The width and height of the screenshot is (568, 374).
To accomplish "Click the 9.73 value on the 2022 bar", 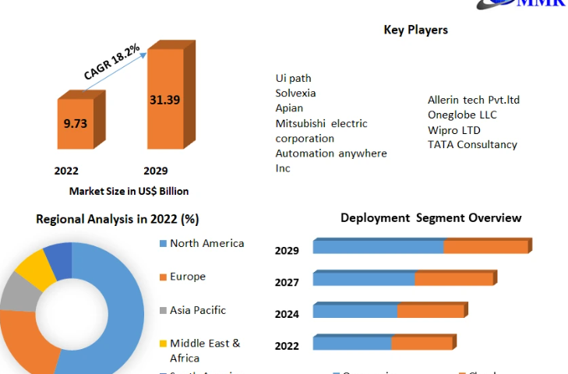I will coord(76,122).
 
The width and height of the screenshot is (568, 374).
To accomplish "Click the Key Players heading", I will coord(415,30).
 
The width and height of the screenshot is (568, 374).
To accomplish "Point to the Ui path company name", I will coord(293,78).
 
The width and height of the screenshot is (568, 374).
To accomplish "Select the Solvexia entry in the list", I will coord(295,93).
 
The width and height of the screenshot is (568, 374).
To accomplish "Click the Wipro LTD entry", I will coord(453,129).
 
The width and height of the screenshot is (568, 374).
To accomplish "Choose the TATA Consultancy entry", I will coord(472,144).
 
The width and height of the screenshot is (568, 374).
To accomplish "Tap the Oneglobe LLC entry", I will coord(462,115).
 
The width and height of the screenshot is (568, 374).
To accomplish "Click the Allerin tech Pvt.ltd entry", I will coord(473,100).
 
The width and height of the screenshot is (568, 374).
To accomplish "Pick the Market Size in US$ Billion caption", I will coord(129,191).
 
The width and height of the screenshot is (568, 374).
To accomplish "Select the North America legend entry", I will coord(206,243).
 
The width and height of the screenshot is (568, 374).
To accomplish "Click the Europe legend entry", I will coord(187,277).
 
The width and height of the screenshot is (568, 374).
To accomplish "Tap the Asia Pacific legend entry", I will coord(197,310).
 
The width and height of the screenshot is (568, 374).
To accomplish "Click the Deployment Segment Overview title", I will coord(431,217).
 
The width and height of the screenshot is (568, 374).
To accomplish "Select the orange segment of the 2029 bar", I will coord(485,247).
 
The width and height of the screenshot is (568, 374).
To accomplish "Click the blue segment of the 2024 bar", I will coord(355,312).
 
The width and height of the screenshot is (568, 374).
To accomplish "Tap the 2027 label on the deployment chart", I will coord(287,282).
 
